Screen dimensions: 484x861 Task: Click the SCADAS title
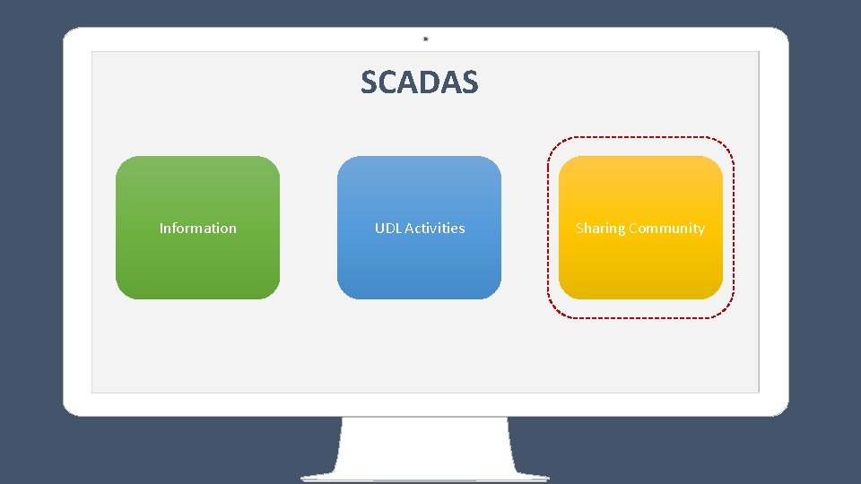point(420,82)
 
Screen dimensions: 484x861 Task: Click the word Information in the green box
point(197,229)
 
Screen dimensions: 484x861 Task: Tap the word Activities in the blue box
point(435,229)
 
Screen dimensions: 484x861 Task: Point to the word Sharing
point(600,229)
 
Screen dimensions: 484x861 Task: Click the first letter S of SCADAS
point(370,82)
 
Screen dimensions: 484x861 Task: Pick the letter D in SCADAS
point(430,82)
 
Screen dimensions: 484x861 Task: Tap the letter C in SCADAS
point(389,82)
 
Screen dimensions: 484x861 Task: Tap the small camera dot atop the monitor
point(426,39)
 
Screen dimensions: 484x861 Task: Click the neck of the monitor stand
point(426,444)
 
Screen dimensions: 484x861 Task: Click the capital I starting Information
point(161,229)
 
